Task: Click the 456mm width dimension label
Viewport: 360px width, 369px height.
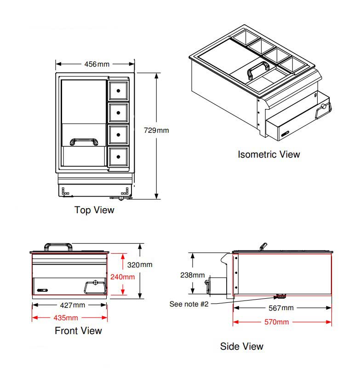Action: tap(97, 64)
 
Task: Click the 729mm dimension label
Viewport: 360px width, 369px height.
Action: tap(156, 130)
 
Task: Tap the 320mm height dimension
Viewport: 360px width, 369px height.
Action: tap(140, 265)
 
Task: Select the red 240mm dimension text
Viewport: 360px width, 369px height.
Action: tap(123, 277)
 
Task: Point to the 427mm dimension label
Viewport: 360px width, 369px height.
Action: tap(73, 305)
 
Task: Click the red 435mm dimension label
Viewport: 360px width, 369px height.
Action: tap(66, 318)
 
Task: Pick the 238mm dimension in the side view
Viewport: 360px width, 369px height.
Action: tap(193, 275)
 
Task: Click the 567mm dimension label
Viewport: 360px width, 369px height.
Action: tap(281, 308)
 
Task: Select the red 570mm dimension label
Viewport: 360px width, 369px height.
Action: tap(277, 322)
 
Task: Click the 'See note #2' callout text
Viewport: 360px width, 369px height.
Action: tap(189, 304)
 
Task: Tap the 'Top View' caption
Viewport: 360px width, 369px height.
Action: tap(94, 210)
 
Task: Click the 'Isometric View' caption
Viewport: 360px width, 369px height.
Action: tap(269, 154)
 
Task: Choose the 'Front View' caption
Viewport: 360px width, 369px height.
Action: tap(79, 331)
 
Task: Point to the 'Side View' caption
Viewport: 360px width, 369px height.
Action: tap(242, 346)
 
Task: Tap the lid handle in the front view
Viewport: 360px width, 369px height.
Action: tap(58, 244)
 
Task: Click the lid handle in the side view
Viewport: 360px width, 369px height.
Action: tap(263, 246)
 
